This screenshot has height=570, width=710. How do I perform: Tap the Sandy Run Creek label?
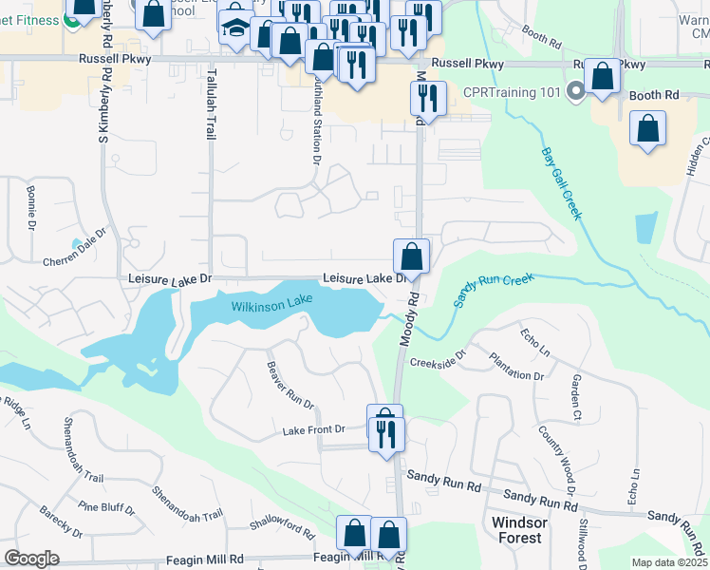pos(495,290)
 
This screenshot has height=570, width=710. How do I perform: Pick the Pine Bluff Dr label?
pos(105,507)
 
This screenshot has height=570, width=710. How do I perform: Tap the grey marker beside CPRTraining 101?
pos(575,92)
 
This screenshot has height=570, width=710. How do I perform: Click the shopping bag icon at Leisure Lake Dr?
pos(412,256)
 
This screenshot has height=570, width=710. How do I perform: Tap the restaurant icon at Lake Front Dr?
pos(387,434)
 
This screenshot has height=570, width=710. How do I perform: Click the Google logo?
pos(32,559)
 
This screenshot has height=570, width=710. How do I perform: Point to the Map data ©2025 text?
pos(669,562)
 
